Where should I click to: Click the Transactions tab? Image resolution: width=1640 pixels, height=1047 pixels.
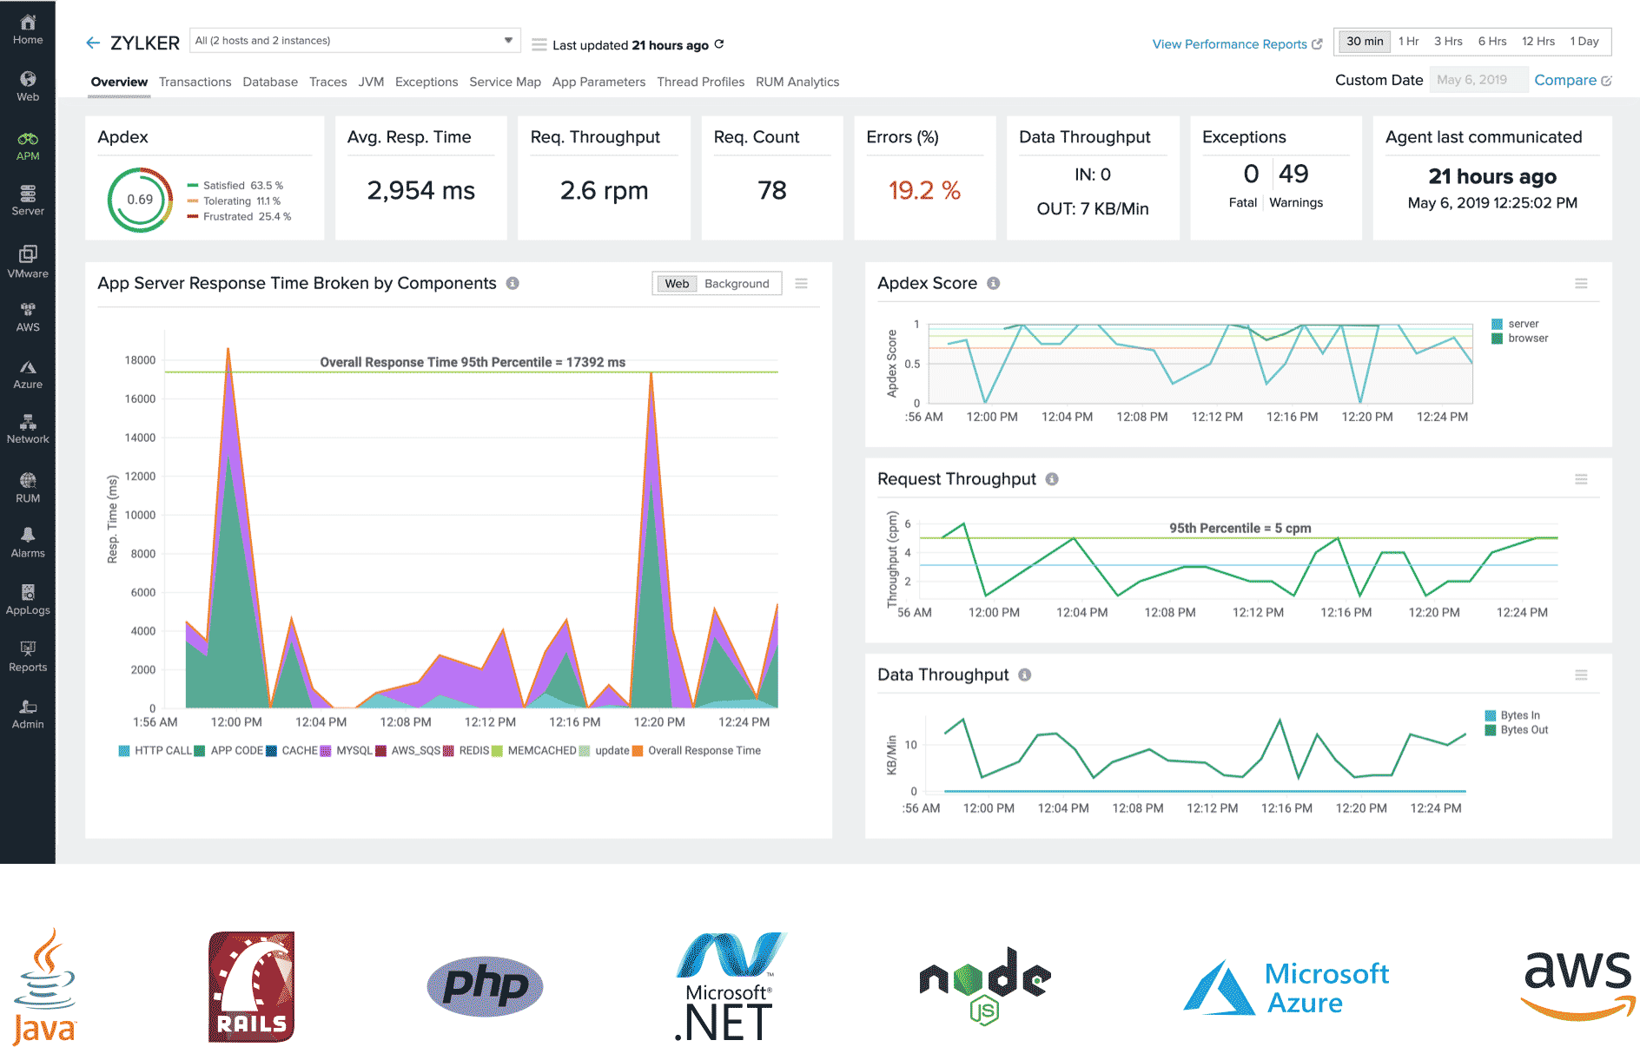[x=195, y=82]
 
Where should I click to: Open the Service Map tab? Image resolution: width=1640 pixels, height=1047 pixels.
[x=505, y=82]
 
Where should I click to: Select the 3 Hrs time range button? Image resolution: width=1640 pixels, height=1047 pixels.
[x=1448, y=41]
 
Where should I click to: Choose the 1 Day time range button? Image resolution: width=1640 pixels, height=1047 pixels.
[x=1584, y=41]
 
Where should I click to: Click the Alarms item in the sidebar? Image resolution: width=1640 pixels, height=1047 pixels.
[x=28, y=542]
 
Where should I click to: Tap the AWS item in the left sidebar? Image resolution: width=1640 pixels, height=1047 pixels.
[x=28, y=317]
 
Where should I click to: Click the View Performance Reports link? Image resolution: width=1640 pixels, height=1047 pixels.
[x=1229, y=44]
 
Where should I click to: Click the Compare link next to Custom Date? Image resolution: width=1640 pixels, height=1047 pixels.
[x=1565, y=80]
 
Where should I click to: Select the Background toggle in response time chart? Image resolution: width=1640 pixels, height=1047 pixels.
[x=737, y=284]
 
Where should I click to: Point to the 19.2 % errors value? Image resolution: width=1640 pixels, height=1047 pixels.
[x=924, y=190]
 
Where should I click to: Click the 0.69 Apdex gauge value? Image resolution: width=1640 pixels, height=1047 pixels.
[x=140, y=200]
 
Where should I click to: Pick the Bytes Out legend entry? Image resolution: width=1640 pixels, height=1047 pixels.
[x=1524, y=730]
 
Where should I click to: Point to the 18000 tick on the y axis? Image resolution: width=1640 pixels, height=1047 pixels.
[x=140, y=360]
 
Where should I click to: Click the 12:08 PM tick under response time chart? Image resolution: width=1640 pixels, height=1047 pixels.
[x=406, y=722]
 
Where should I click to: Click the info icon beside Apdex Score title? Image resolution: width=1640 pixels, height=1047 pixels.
[x=994, y=284]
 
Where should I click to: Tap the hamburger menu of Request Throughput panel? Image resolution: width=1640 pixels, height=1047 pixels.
[x=1581, y=479]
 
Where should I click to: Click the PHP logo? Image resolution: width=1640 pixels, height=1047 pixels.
[x=485, y=987]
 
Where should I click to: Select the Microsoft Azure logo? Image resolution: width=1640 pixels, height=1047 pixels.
[x=1286, y=987]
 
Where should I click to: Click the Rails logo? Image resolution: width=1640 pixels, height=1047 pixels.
[x=251, y=987]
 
